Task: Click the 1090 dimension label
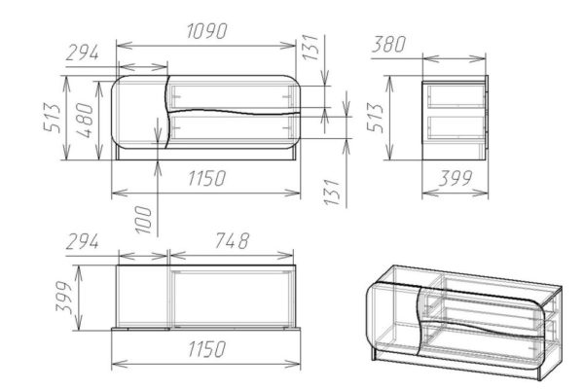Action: [x=206, y=31]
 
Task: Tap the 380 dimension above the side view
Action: [x=388, y=45]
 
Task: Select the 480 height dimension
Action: [x=86, y=121]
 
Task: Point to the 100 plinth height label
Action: [x=144, y=220]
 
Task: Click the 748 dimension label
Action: [x=232, y=241]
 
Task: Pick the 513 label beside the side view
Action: [x=375, y=118]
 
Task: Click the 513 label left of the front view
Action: [x=53, y=118]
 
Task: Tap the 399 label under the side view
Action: [x=456, y=178]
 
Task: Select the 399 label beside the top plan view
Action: [x=63, y=298]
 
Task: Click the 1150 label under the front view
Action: [x=206, y=178]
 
